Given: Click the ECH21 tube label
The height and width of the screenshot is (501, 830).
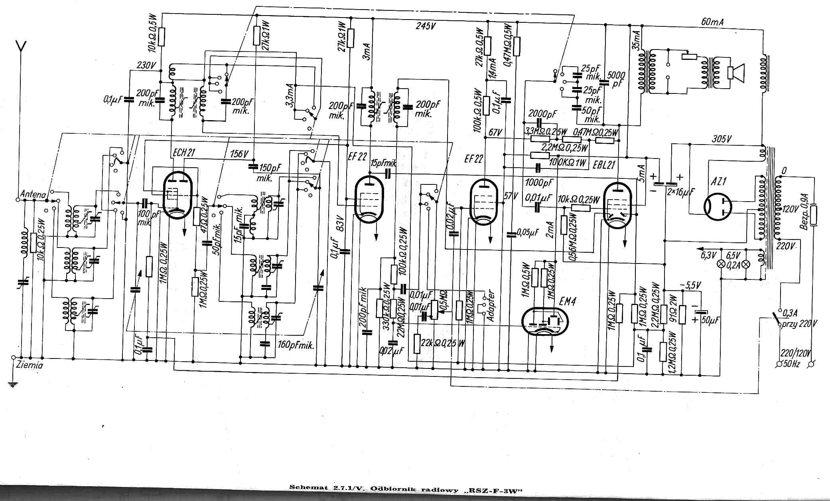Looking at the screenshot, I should click(x=184, y=152).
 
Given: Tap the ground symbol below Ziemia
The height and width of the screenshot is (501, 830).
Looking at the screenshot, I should click(x=13, y=385).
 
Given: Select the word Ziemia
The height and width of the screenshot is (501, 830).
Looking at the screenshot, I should click(x=30, y=365).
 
